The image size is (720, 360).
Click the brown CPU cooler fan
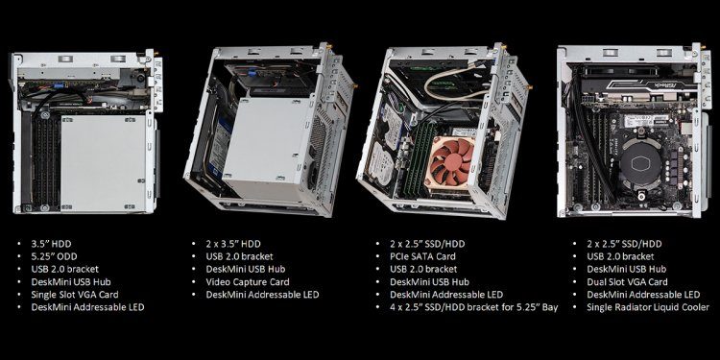coord(450,157)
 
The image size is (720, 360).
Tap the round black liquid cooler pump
coord(637,164)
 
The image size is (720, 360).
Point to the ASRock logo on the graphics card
coord(671,82)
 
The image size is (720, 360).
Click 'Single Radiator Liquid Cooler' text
coord(648,308)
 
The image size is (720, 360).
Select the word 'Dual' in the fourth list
coord(598,283)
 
